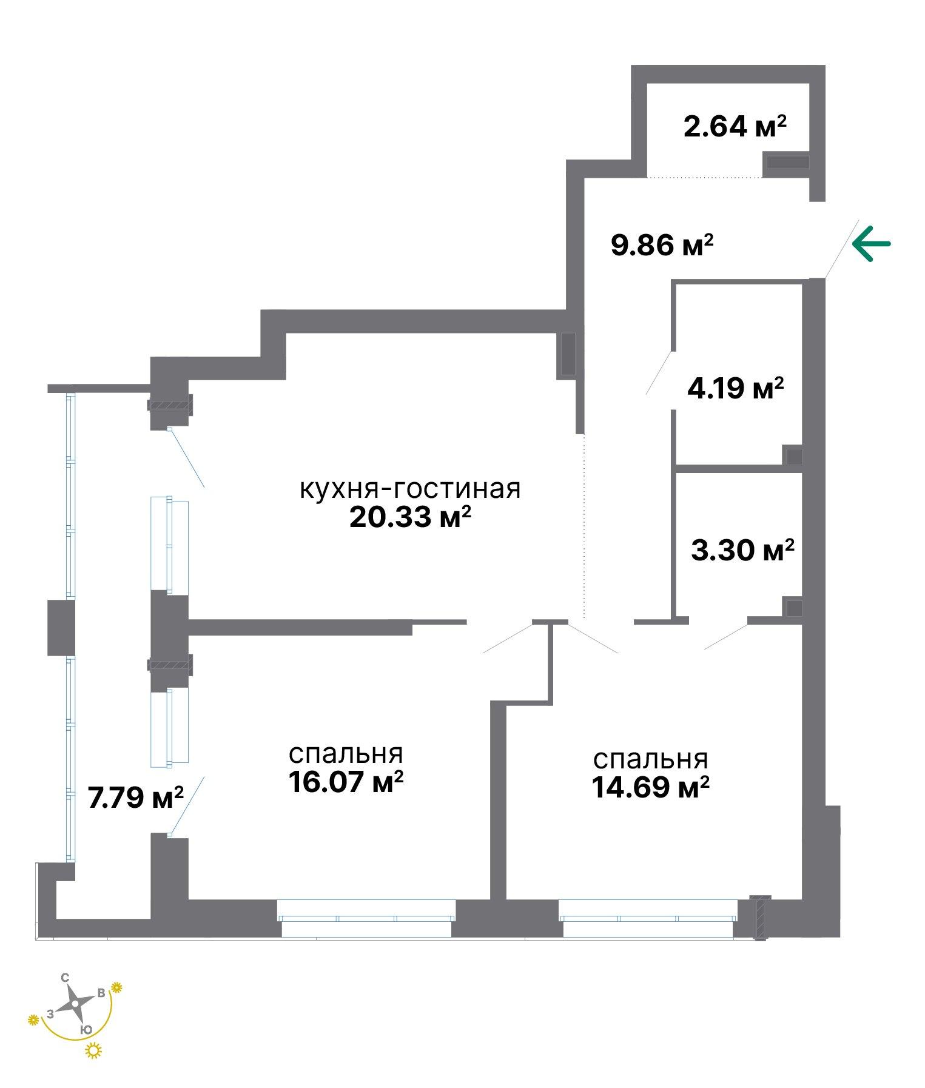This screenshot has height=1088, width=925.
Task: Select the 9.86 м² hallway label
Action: pyautogui.click(x=662, y=246)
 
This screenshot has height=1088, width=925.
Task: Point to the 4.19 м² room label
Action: pyautogui.click(x=736, y=388)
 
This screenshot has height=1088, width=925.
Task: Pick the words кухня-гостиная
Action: pyautogui.click(x=411, y=489)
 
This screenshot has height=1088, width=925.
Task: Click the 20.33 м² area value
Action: pyautogui.click(x=411, y=517)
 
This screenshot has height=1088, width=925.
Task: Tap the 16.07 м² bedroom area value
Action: pyautogui.click(x=346, y=782)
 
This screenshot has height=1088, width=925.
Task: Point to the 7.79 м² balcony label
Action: pyautogui.click(x=136, y=797)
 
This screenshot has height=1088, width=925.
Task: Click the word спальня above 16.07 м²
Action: pyautogui.click(x=346, y=755)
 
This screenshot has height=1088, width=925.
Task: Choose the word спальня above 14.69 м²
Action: pyautogui.click(x=651, y=761)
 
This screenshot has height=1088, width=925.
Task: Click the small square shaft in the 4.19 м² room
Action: pyautogui.click(x=793, y=455)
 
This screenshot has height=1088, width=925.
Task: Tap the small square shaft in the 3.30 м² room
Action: pyautogui.click(x=793, y=607)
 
